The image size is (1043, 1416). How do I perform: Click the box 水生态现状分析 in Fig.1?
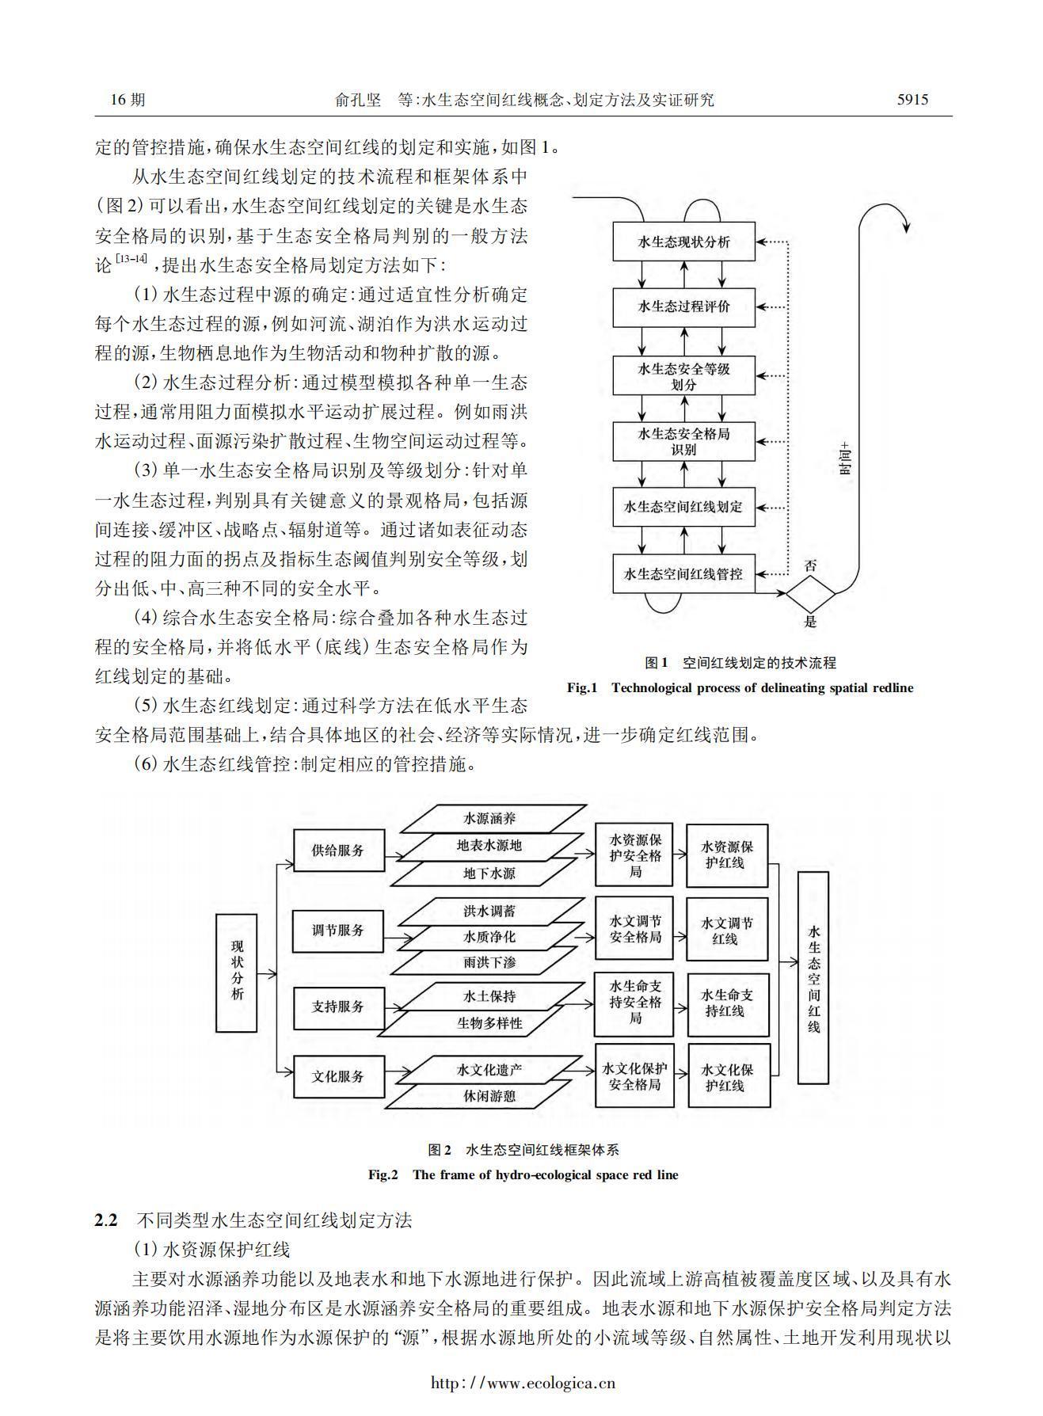point(683,242)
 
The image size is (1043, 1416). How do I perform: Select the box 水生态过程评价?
point(683,306)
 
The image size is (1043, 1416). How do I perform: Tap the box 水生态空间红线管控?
point(683,573)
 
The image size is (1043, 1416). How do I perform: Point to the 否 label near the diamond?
point(810,565)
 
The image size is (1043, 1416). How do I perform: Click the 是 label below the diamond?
point(810,622)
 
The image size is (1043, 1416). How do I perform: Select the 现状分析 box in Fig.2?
point(237,973)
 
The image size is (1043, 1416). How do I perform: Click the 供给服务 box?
point(338,851)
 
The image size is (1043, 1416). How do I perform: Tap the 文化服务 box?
point(338,1076)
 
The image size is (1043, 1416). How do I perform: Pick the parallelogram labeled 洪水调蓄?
point(489,911)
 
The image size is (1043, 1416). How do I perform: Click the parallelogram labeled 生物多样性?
point(489,1022)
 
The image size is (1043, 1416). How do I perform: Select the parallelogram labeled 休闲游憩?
point(489,1096)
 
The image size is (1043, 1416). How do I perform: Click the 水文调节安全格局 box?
point(634,929)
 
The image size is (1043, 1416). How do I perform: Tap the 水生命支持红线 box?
point(727,1003)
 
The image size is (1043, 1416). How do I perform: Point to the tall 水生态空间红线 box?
point(813,977)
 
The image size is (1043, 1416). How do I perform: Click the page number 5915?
point(912,100)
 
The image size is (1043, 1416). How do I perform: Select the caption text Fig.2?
point(383,1175)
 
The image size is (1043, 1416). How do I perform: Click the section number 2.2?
point(106,1220)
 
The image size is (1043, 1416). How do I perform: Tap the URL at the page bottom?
point(523,1384)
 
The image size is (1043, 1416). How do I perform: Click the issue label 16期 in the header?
point(128,100)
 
